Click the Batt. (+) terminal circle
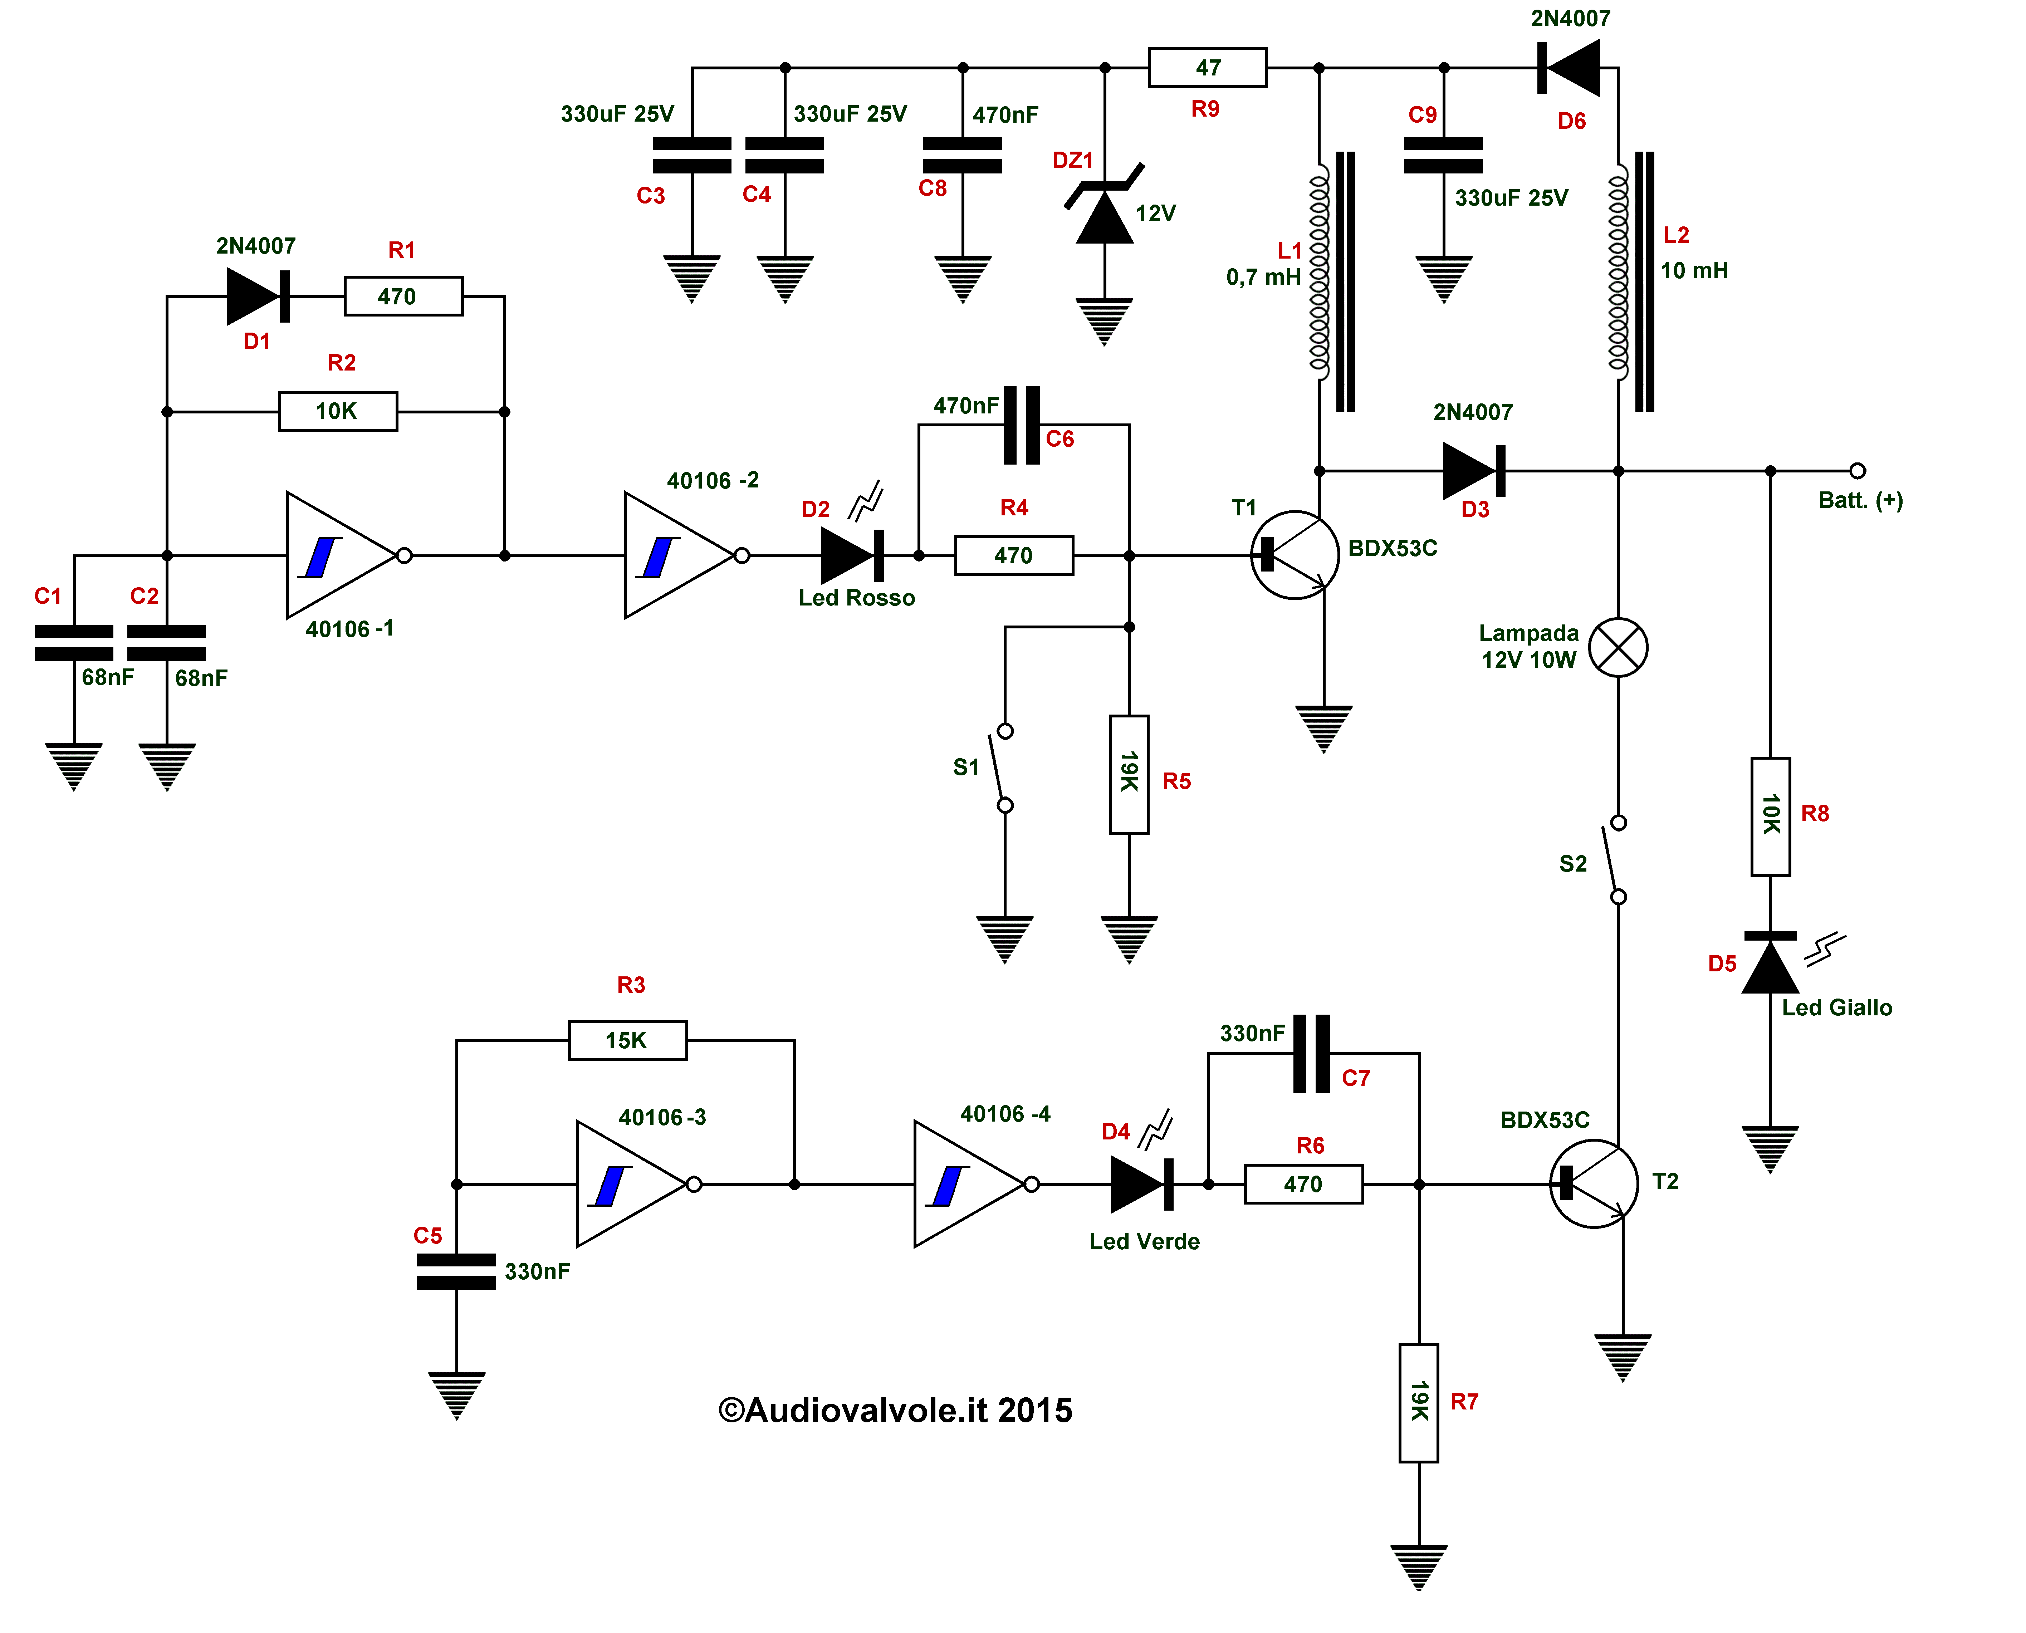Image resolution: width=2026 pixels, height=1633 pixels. (1858, 470)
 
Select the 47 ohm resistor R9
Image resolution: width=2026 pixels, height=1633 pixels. (1208, 68)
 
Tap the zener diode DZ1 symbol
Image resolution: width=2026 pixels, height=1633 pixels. (1104, 204)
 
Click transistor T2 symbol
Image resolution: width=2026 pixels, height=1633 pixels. (1594, 1183)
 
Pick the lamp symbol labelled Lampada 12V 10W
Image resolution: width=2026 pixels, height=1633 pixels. (1619, 647)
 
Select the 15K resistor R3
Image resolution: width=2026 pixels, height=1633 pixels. (627, 1040)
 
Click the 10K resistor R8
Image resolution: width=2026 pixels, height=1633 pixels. (1770, 816)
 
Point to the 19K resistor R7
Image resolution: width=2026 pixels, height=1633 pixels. (1418, 1403)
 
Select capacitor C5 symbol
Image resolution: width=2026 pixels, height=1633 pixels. (456, 1271)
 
